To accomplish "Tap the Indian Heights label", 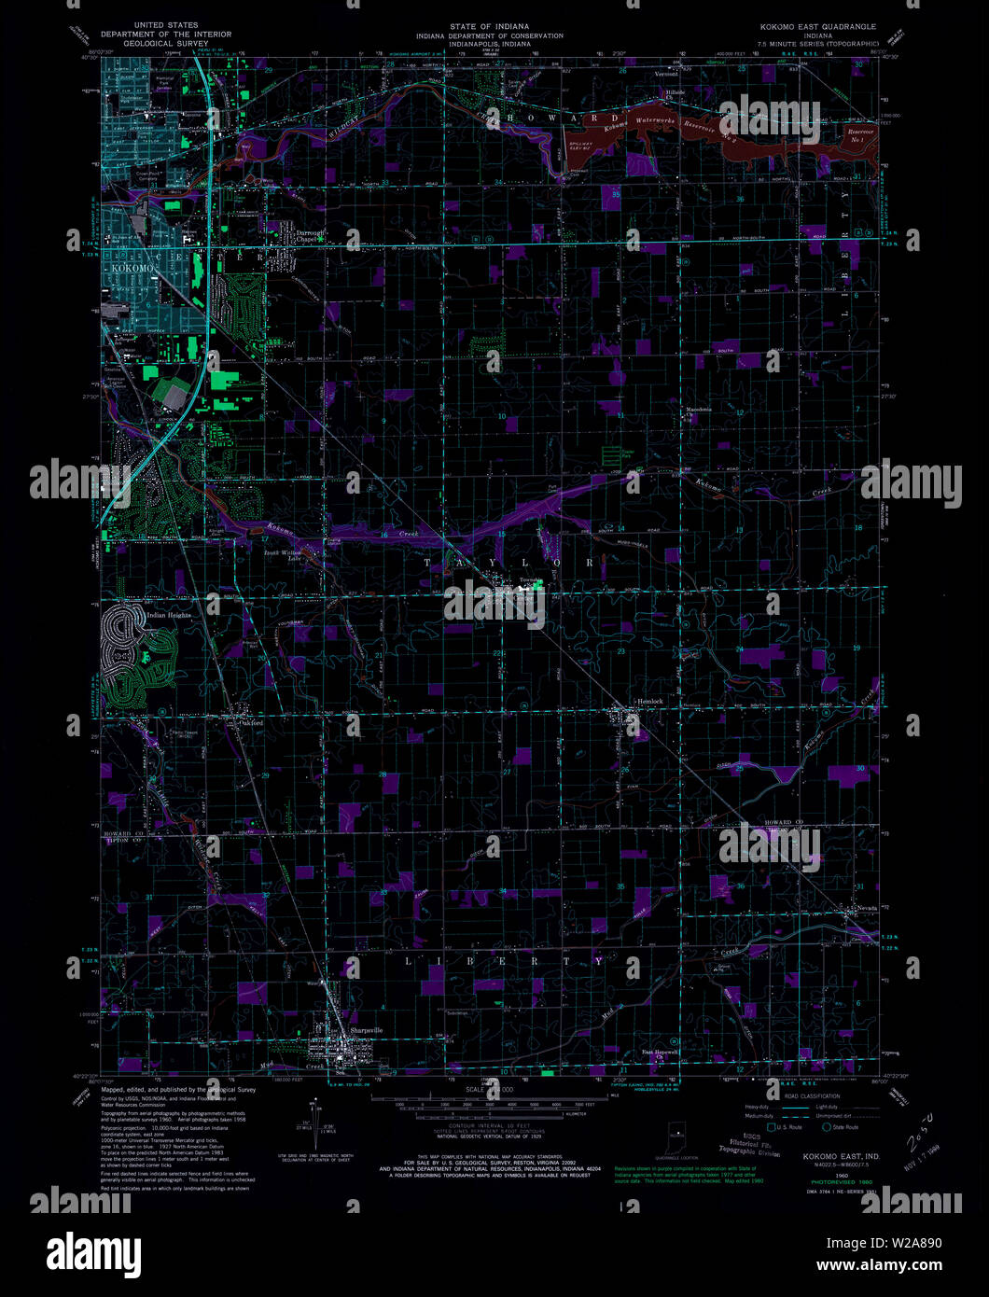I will [x=169, y=615].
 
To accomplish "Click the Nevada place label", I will [x=859, y=906].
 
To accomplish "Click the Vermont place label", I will [x=666, y=73].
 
